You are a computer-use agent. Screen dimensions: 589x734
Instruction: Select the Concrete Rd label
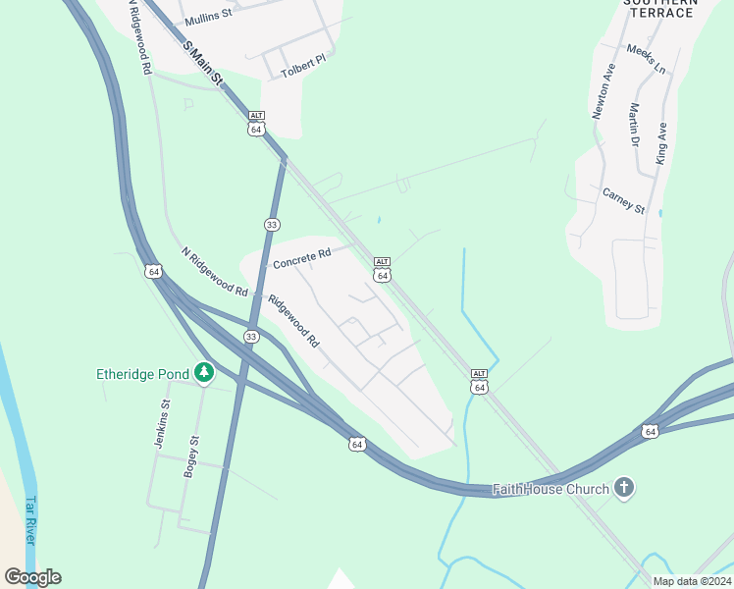tap(302, 259)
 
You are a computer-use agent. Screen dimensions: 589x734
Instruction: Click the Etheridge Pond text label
tap(143, 373)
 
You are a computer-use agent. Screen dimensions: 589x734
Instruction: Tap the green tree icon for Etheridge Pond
tap(204, 372)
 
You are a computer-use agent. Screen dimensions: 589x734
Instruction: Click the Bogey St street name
tap(192, 456)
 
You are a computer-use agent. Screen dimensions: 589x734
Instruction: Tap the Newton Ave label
tap(603, 91)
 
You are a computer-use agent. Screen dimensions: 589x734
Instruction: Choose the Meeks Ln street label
tap(646, 60)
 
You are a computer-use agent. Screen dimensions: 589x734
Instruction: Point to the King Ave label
tap(663, 143)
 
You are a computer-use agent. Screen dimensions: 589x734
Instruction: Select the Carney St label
tap(623, 202)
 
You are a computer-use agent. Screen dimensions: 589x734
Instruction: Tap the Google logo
tap(32, 577)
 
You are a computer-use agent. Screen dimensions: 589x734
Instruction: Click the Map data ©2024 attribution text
tap(692, 581)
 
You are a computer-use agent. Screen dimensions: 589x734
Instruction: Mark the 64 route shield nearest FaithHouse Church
tap(650, 431)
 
